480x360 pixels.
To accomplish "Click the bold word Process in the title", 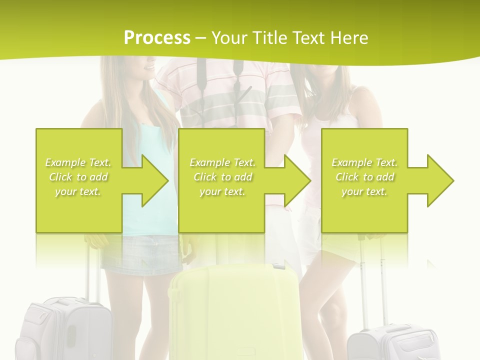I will click(x=157, y=38).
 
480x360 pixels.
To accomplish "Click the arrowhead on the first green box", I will click(x=150, y=180).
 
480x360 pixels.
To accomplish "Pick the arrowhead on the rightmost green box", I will click(x=435, y=180).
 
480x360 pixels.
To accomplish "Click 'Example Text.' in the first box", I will click(x=78, y=162).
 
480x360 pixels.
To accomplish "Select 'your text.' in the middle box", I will click(x=222, y=191).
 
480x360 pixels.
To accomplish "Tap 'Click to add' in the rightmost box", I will click(x=364, y=177).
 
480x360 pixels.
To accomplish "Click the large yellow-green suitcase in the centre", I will click(x=235, y=310).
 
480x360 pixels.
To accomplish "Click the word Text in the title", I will click(x=309, y=38).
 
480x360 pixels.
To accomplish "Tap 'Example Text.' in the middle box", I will click(x=222, y=162).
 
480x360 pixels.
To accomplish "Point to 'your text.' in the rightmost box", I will click(x=364, y=191).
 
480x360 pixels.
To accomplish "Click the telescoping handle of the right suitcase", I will click(x=371, y=280).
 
